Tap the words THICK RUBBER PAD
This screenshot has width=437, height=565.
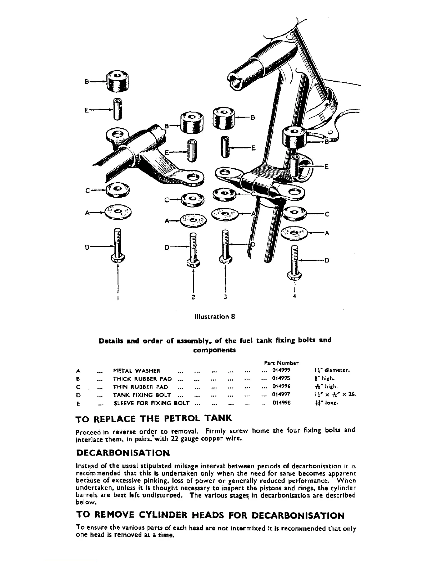142,378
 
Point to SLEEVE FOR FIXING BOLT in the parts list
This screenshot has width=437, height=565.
151,403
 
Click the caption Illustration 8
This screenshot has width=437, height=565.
214,316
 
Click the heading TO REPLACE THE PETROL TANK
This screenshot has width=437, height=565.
154,418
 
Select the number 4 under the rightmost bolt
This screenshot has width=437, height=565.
294,296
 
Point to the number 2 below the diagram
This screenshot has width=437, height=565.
193,297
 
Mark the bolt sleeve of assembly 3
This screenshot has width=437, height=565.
225,146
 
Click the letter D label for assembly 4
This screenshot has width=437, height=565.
326,260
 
